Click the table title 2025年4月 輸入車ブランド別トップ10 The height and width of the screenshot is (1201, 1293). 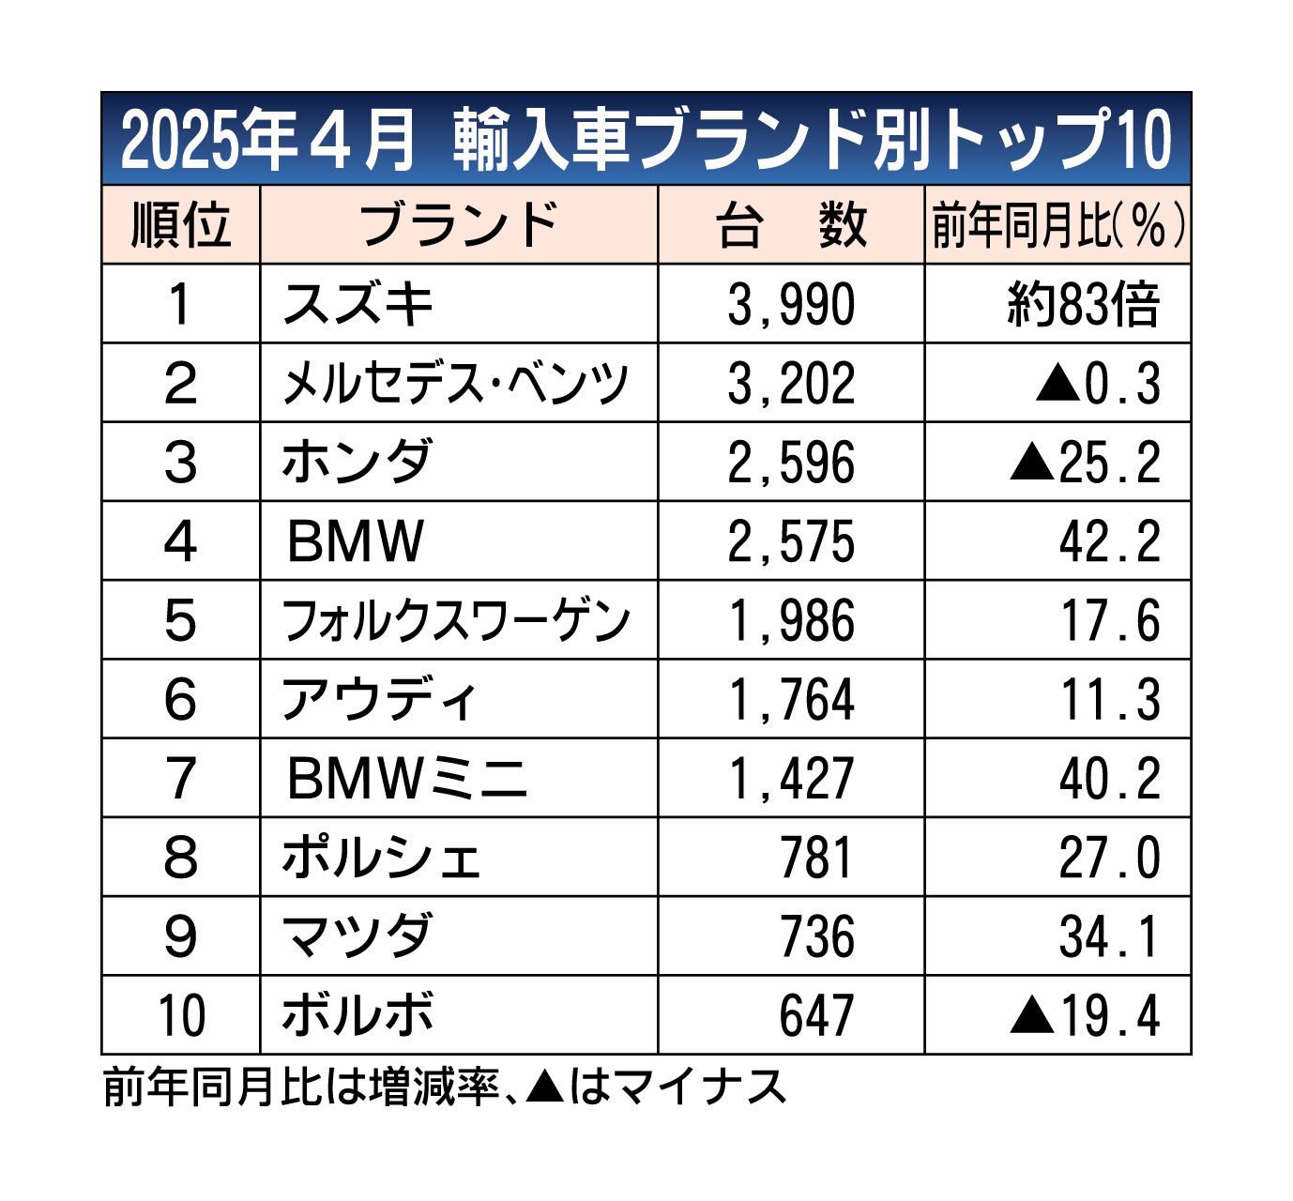tap(646, 141)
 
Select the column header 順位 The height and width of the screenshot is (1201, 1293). tap(180, 225)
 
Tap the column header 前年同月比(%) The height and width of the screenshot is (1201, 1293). tap(1057, 226)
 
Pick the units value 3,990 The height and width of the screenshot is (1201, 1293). tap(791, 305)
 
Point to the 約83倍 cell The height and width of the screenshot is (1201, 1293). tap(1084, 305)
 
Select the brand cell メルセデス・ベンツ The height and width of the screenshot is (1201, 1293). tap(456, 383)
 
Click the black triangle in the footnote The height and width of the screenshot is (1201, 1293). tap(545, 1087)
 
